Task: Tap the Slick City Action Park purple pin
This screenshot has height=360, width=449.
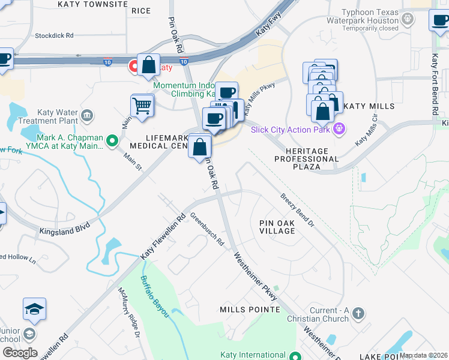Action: (340, 127)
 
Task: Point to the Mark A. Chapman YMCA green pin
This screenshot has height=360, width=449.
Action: (112, 141)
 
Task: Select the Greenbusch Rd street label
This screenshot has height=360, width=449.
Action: (207, 230)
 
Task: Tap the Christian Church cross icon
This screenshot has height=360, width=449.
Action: (358, 313)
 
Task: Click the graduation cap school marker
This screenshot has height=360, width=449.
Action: (35, 310)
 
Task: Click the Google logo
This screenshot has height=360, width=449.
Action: (19, 353)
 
